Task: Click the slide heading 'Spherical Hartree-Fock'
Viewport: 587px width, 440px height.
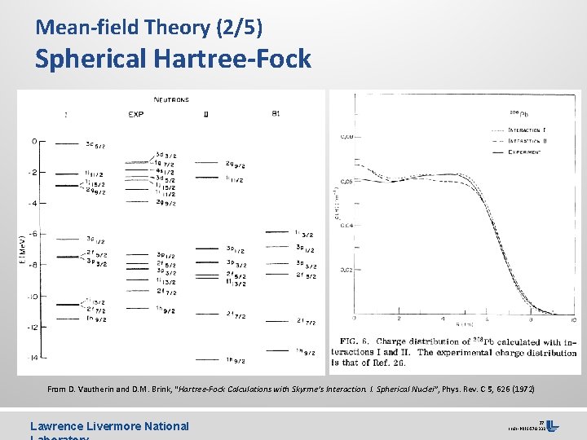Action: (x=173, y=59)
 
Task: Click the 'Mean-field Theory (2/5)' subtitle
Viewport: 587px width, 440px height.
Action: (x=148, y=27)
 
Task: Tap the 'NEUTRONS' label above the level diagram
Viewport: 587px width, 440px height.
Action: (x=171, y=100)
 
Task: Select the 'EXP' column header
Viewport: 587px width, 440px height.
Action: (x=136, y=114)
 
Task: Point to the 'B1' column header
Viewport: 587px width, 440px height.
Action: (x=276, y=114)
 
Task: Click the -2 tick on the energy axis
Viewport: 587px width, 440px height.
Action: (x=32, y=173)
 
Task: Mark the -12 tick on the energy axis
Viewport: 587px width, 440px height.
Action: (x=31, y=328)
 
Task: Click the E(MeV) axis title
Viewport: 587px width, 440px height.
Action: (x=22, y=249)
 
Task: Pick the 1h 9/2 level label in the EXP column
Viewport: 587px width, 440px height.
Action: (x=166, y=309)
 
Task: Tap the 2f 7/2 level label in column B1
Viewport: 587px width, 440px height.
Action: (x=306, y=323)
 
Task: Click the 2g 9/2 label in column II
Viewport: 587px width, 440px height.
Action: (x=236, y=165)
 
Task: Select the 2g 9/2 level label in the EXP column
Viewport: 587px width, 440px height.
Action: (x=166, y=203)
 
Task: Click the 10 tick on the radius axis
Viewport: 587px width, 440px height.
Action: (x=574, y=319)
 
